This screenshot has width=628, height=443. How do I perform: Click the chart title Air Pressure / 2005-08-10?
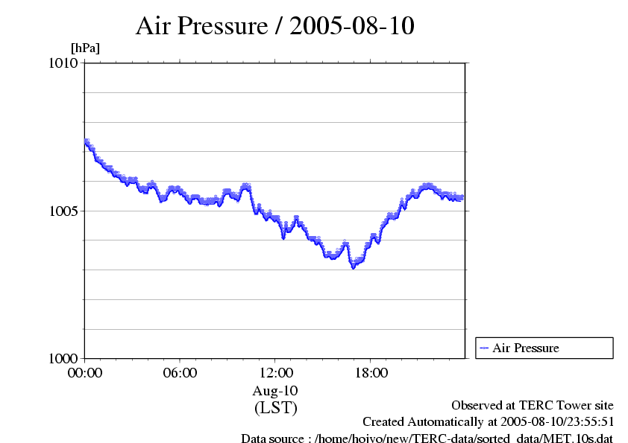click(274, 26)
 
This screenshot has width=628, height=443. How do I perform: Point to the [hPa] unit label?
click(85, 48)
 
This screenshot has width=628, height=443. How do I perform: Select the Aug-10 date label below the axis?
click(275, 391)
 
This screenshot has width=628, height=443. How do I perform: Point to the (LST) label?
click(275, 408)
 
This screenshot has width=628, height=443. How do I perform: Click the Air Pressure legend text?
click(525, 348)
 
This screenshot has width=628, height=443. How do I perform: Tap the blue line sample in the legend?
click(484, 348)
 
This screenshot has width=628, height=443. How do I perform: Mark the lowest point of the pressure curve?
click(354, 267)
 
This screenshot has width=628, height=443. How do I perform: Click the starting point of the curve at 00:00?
click(86, 141)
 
